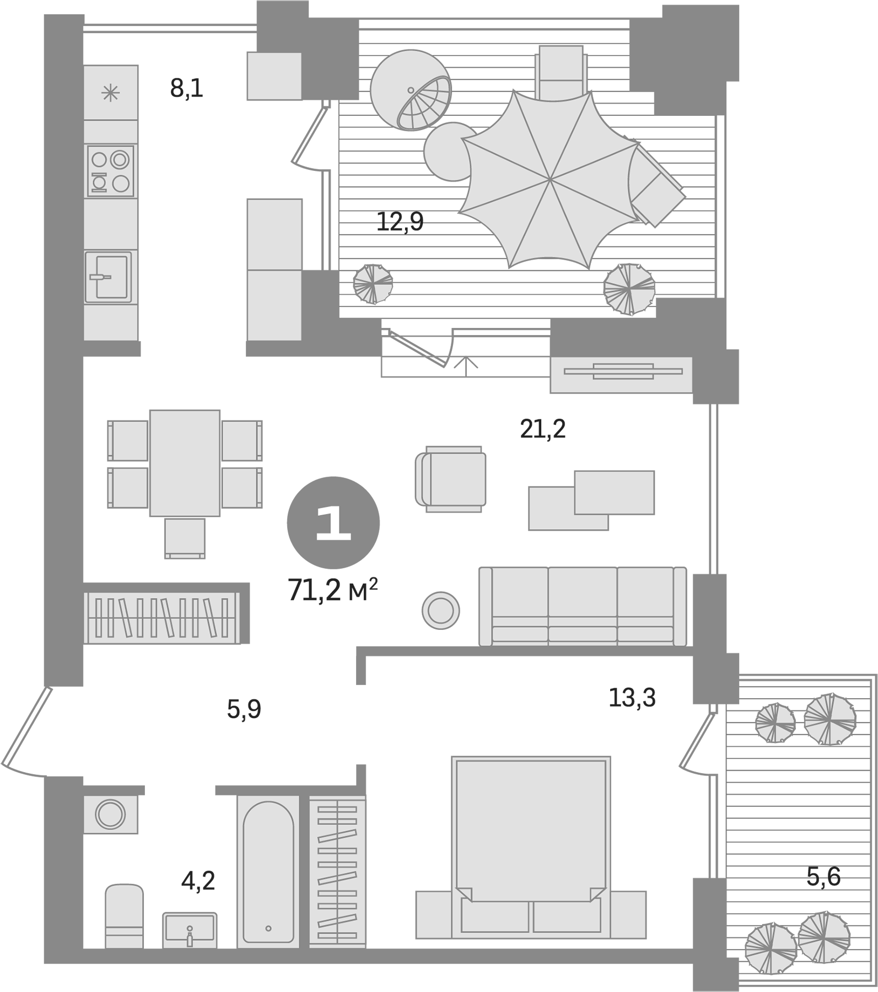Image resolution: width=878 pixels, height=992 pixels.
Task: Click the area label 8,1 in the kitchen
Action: [x=186, y=88]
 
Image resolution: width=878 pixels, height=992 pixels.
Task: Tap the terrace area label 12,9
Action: [x=400, y=222]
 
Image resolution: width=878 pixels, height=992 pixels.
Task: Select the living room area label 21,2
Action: [x=542, y=429]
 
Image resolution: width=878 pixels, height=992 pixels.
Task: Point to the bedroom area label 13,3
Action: [x=632, y=698]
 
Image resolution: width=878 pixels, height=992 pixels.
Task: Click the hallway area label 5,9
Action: [x=244, y=709]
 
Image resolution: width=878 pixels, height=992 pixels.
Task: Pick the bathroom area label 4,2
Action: [x=198, y=881]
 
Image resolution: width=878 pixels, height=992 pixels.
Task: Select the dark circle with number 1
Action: [x=333, y=522]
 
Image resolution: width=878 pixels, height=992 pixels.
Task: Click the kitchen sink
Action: [x=109, y=277]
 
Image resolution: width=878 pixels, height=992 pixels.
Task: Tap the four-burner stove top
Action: [x=111, y=171]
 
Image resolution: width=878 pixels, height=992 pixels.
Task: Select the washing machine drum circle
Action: [x=110, y=813]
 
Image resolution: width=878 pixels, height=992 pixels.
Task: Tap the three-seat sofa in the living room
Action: [x=583, y=606]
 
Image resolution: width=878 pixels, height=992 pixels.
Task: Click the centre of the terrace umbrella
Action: [x=551, y=179]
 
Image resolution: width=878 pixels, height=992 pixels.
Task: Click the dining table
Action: [x=185, y=463]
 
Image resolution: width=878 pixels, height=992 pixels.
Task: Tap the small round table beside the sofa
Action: [x=440, y=611]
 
